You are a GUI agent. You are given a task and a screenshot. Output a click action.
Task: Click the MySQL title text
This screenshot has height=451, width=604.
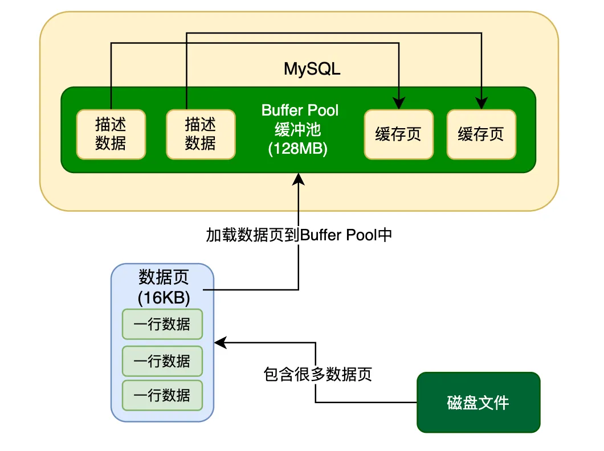[x=312, y=69]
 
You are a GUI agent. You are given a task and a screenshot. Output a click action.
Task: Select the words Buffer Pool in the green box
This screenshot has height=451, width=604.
[x=300, y=110]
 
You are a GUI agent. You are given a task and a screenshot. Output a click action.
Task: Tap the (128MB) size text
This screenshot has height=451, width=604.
[x=298, y=149]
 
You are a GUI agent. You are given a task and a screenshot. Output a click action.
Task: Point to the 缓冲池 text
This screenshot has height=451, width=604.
[x=298, y=130]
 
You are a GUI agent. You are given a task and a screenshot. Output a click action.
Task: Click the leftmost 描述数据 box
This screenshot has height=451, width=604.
[x=111, y=134]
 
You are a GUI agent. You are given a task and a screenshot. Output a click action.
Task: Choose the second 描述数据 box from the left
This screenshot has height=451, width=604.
[x=201, y=134]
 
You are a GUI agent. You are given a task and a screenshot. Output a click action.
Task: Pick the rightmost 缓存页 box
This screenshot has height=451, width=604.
[x=481, y=134]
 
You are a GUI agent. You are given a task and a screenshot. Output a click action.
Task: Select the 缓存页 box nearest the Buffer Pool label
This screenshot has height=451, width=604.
[x=399, y=134]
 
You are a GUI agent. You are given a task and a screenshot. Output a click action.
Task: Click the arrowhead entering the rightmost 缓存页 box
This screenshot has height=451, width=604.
[x=481, y=103]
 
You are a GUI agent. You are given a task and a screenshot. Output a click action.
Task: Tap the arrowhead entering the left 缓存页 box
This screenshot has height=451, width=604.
[x=399, y=103]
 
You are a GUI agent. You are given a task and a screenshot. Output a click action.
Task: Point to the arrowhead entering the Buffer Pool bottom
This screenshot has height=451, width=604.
[x=299, y=179]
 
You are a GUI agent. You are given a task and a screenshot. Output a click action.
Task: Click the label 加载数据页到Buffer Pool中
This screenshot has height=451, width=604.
[x=299, y=235]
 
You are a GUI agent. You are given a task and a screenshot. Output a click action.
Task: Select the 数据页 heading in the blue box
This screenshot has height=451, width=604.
[x=164, y=277]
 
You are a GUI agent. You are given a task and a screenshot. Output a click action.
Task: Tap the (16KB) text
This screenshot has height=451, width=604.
[x=164, y=297]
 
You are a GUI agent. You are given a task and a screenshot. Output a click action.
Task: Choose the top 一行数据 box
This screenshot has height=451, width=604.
[x=162, y=324]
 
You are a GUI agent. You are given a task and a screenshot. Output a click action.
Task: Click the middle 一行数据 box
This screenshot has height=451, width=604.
[x=162, y=361]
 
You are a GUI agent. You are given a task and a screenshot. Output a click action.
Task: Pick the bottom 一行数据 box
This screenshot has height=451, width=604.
[x=162, y=395]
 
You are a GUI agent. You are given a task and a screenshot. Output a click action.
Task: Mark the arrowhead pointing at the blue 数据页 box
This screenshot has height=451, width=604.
[x=221, y=342]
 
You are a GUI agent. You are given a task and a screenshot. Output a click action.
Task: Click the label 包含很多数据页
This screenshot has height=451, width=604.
[x=318, y=374]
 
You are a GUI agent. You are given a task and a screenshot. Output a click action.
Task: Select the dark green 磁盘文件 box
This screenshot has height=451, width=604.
[x=479, y=403]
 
